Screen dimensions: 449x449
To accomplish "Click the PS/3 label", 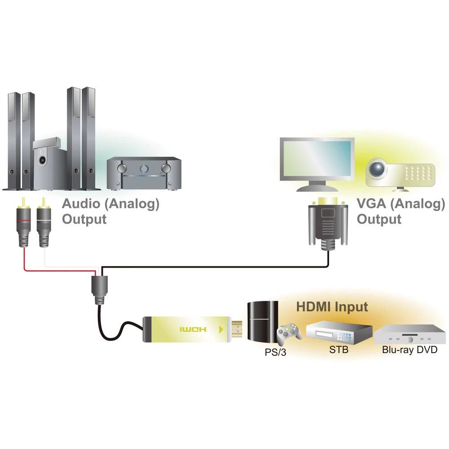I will click(274, 352).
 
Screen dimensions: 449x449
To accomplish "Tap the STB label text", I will click(338, 350).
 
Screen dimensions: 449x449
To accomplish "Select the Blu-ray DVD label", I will click(409, 350).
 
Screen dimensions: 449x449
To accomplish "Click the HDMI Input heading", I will click(332, 307).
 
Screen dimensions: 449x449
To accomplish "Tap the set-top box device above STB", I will click(339, 331).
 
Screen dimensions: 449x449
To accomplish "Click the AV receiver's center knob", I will click(144, 169).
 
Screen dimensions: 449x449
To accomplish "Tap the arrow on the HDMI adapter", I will click(220, 330).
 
